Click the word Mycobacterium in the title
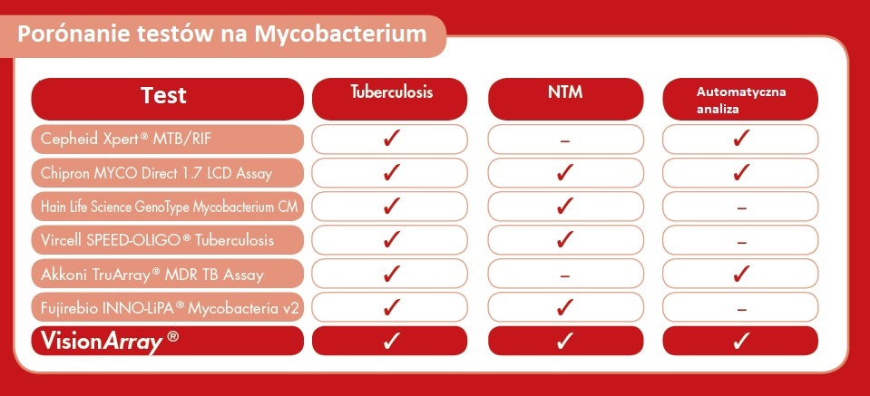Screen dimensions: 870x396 [341, 35]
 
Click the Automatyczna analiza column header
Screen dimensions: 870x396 [740, 99]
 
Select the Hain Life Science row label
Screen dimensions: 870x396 [168, 207]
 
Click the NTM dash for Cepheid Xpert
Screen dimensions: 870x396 [565, 141]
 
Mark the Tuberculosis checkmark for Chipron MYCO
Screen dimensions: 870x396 [392, 172]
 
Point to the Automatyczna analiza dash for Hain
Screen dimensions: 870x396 [741, 208]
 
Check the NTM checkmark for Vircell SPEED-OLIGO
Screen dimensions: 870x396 [565, 239]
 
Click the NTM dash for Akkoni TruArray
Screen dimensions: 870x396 [565, 275]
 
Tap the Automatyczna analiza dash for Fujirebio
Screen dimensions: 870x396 [741, 310]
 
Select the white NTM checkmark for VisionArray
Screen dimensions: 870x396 [565, 341]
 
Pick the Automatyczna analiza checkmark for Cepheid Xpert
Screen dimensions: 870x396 [741, 138]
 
